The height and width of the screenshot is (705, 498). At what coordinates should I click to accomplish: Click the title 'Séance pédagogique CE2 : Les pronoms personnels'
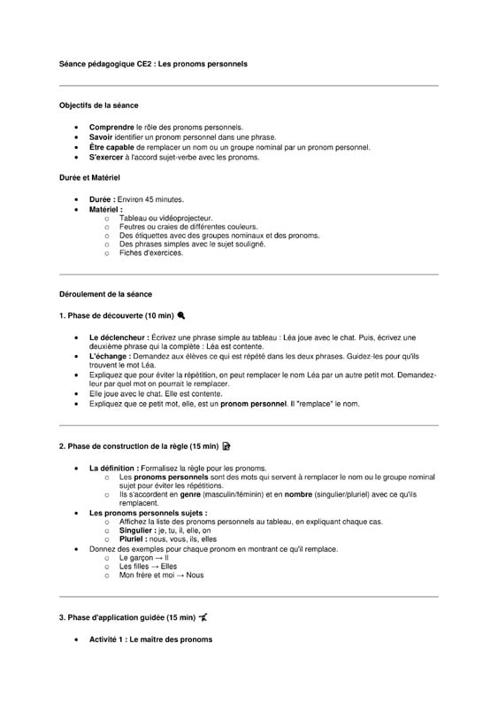(153, 65)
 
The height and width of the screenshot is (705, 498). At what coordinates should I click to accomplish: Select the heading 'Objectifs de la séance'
(98, 105)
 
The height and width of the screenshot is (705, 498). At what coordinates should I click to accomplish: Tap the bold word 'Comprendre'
(111, 128)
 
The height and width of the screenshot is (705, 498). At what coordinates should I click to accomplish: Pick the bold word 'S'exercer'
(108, 158)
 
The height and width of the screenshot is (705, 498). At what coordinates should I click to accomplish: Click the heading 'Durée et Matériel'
(89, 178)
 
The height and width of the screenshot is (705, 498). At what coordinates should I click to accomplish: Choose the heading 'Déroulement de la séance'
(105, 294)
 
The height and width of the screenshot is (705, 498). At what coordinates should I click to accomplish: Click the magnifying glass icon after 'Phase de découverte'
(181, 315)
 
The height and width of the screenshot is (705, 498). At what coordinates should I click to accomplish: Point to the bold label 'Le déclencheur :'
(119, 338)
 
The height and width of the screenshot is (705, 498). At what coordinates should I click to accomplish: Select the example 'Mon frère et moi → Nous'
(161, 575)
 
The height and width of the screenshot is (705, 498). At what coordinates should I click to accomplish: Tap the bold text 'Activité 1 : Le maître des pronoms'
(150, 639)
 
